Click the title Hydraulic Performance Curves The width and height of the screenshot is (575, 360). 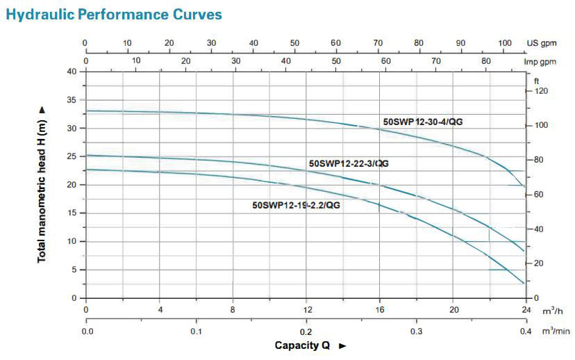coord(113,14)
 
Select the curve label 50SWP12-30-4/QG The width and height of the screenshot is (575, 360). coord(423,122)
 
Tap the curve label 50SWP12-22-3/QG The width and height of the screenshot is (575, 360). coord(349,163)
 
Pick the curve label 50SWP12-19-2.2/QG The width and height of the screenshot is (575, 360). coord(297,205)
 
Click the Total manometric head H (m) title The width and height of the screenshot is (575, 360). coord(42,184)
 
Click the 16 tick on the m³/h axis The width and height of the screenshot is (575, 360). coord(380,309)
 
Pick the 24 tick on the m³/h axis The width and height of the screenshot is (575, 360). coord(524,309)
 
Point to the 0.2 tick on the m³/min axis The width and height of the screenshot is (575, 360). coord(306,332)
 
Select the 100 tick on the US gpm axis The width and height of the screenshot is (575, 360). coord(505,43)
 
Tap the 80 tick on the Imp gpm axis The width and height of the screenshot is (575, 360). coord(485,61)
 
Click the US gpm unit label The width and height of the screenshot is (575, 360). coord(542,43)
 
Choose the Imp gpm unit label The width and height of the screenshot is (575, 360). coord(543,61)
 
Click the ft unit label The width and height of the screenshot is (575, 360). coord(536,82)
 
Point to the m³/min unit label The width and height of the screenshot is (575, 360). coord(553,332)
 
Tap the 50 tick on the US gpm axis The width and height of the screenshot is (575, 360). coord(294,43)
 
